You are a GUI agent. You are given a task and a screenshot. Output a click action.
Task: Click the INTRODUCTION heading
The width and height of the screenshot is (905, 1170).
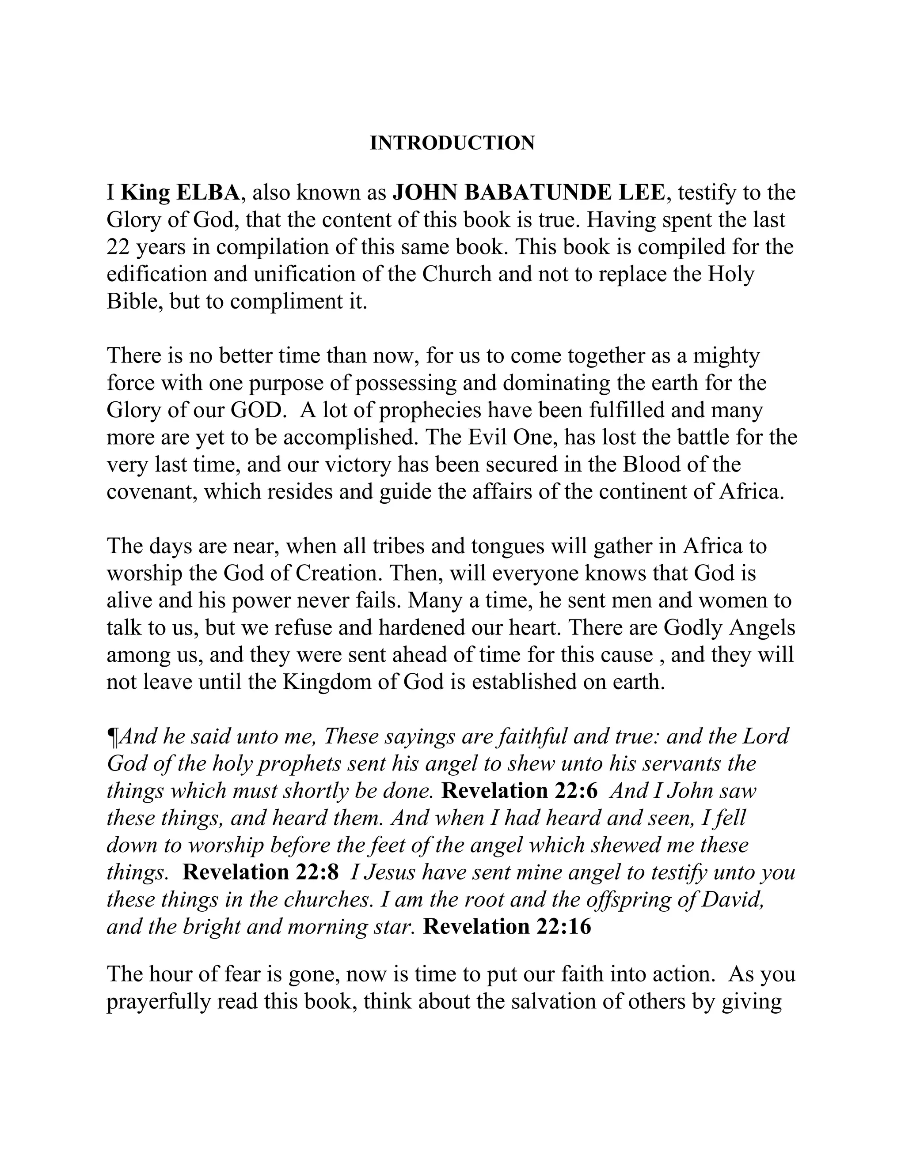452,143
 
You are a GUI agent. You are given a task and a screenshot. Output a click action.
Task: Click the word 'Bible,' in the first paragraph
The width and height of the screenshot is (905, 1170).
135,302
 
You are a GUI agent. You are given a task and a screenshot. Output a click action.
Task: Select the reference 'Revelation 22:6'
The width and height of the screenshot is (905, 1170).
519,791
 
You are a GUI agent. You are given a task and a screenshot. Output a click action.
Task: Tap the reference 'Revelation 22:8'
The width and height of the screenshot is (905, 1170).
261,873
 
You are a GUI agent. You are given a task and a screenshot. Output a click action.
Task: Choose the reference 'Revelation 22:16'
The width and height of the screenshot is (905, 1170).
507,927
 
